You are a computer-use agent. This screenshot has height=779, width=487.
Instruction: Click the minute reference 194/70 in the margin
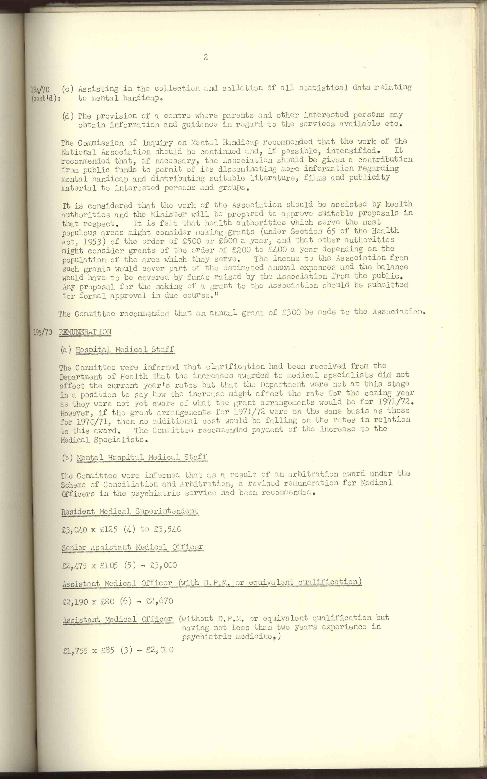coord(40,89)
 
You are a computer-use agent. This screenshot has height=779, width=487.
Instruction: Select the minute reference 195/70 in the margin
coord(42,332)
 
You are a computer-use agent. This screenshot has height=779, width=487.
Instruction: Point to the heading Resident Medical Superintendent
coord(130,511)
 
